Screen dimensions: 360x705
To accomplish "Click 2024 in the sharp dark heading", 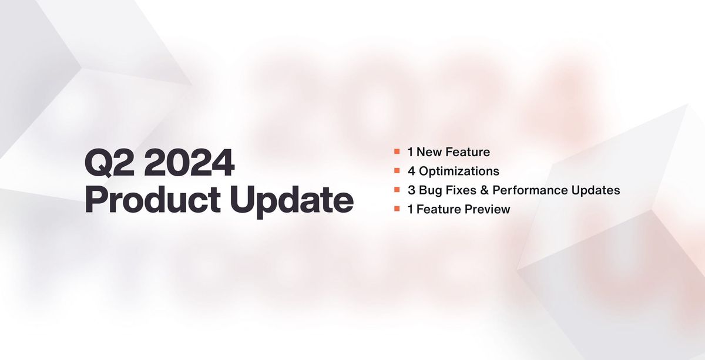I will point(189,164).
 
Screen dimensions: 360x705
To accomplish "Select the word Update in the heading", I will point(301,201).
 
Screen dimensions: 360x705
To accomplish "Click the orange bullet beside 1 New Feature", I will point(397,152).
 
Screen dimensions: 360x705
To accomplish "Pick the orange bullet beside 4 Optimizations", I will point(397,171).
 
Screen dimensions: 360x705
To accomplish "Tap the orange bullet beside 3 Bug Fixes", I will point(397,190).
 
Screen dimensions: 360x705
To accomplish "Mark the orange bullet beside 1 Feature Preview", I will point(397,209).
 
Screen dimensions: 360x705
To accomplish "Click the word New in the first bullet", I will point(429,152).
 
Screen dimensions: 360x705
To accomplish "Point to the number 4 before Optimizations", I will point(411,171).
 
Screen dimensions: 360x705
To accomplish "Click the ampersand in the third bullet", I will point(484,190).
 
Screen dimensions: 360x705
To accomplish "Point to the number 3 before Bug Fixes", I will point(411,190).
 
